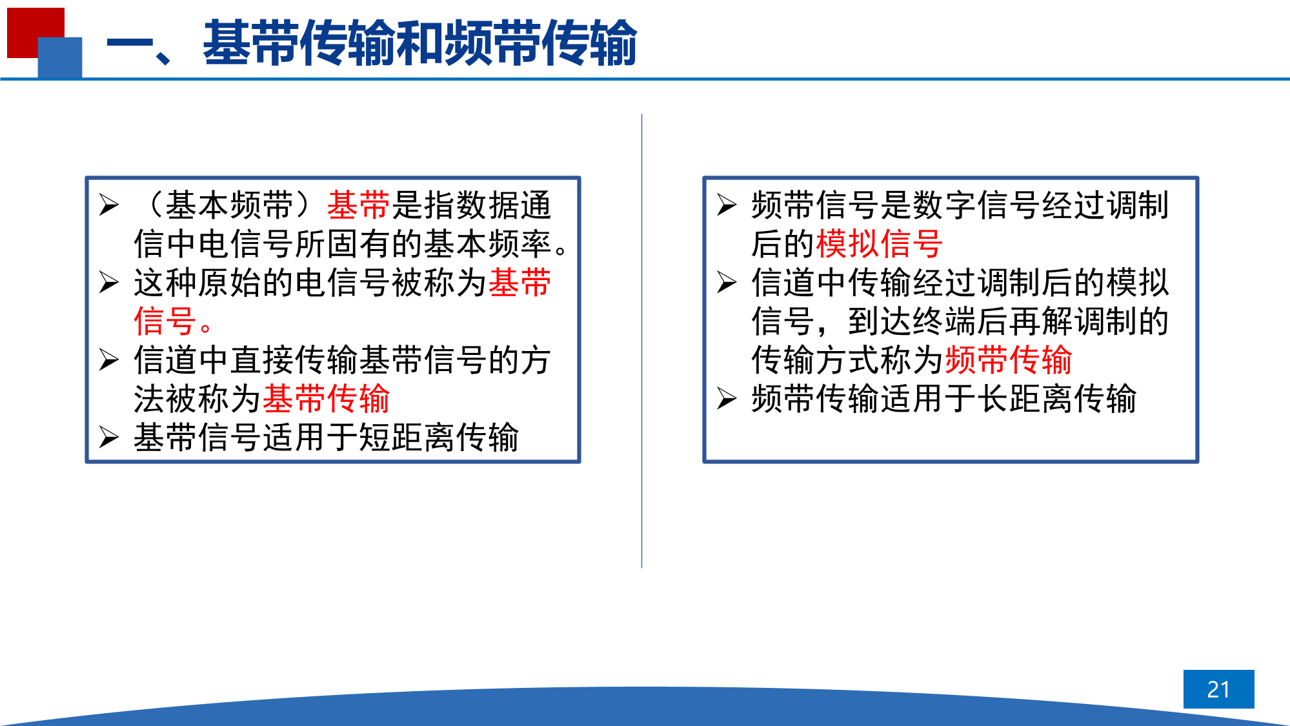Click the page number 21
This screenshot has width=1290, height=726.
click(x=1218, y=689)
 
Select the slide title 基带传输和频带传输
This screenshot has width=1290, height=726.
click(x=420, y=43)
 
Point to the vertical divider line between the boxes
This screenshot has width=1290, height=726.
click(x=641, y=341)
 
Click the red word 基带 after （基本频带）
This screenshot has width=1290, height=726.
click(x=358, y=205)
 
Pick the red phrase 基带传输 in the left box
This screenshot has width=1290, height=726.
click(x=327, y=398)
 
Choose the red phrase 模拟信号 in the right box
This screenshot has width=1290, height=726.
click(x=880, y=243)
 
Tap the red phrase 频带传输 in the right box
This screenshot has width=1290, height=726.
click(x=1008, y=359)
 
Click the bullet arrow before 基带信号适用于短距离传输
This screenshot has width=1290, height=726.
click(x=109, y=437)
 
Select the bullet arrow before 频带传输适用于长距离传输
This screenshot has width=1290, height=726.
click(x=727, y=398)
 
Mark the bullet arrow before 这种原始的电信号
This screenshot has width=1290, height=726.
click(x=109, y=282)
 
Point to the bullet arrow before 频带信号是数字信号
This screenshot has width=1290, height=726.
click(x=727, y=205)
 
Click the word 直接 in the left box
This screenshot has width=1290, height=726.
click(x=262, y=359)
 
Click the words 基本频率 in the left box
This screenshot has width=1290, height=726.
click(x=487, y=243)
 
